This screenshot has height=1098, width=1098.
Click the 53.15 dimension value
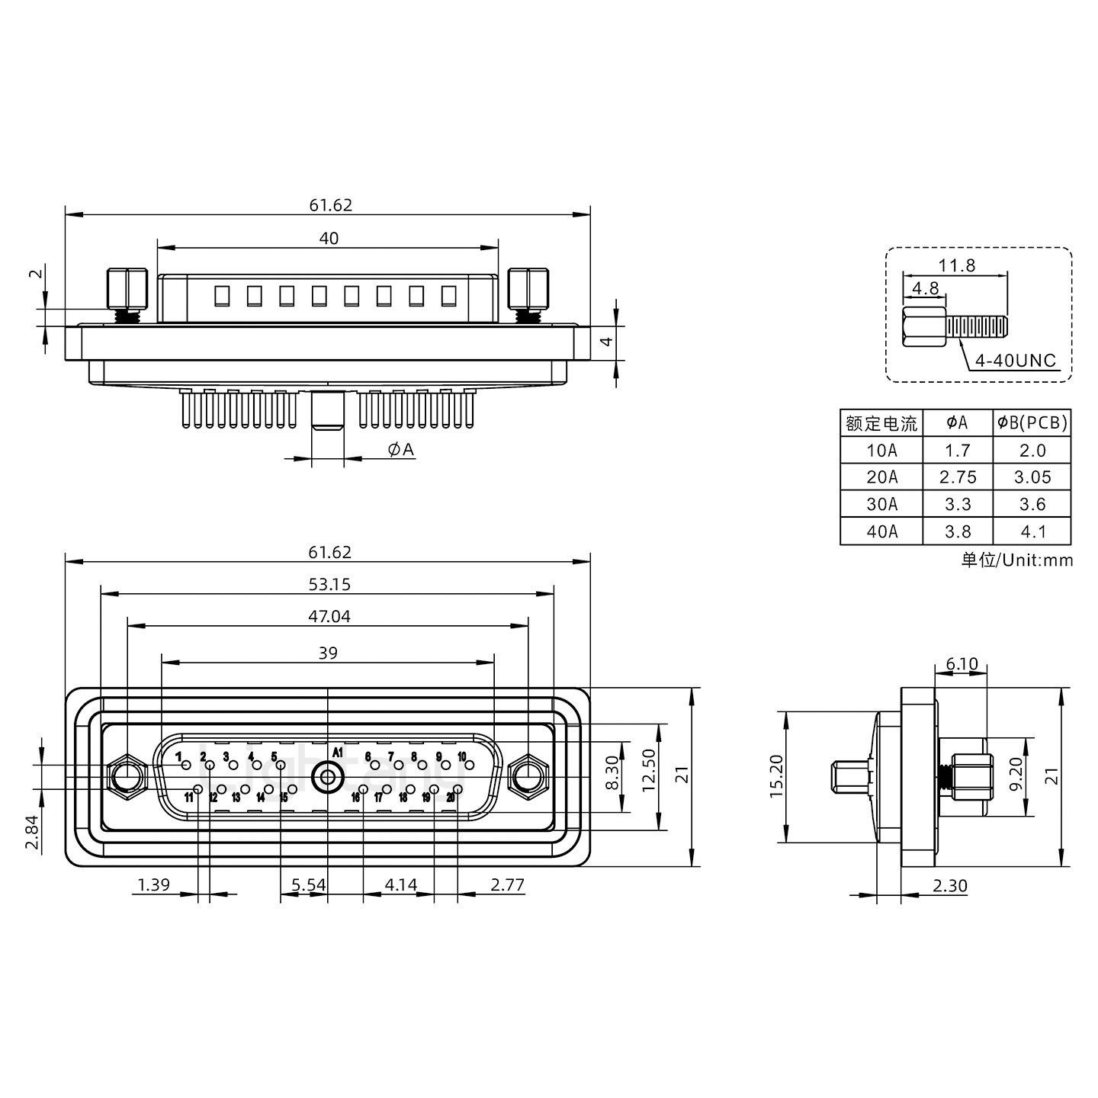[x=330, y=585]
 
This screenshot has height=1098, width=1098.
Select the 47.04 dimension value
[x=329, y=616]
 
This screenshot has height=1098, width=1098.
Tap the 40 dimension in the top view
[x=329, y=239]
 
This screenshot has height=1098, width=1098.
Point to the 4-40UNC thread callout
[x=1016, y=360]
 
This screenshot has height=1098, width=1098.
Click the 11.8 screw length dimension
[x=956, y=266]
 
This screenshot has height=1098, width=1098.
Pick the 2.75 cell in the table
[x=958, y=477]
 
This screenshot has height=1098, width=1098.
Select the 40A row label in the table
[x=881, y=531]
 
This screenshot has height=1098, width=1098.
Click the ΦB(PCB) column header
[x=1032, y=422]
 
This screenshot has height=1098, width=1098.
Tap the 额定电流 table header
[x=881, y=423]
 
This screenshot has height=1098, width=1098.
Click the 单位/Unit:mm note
[x=1016, y=560]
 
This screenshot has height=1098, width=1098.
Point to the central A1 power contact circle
[x=327, y=778]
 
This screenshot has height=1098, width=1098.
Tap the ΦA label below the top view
[x=400, y=450]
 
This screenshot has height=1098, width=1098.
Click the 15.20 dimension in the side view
[x=776, y=777]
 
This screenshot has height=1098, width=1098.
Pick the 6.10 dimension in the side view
[x=961, y=664]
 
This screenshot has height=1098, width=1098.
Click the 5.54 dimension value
[x=309, y=885]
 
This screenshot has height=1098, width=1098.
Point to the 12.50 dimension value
[x=649, y=770]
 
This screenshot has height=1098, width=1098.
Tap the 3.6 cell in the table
[x=1032, y=505]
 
